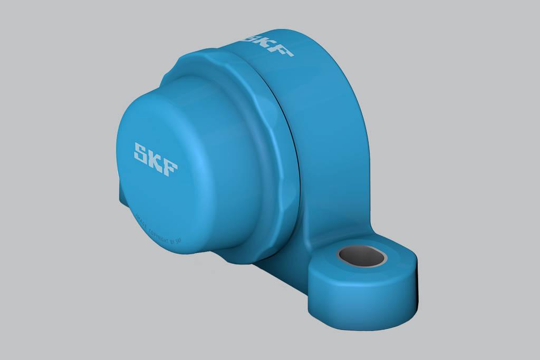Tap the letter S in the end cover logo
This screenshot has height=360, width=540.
142,152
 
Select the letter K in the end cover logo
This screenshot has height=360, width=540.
156,159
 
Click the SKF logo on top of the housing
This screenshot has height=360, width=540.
266,44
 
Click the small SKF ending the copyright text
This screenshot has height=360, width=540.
178,242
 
